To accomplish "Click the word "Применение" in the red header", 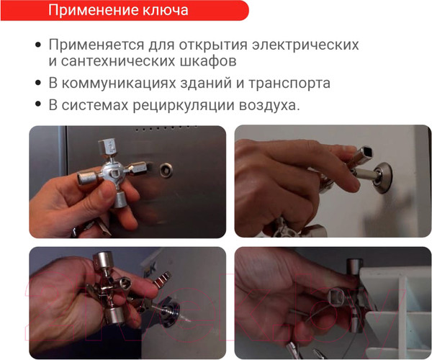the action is coord(94,11).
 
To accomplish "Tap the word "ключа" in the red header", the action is coord(166,11).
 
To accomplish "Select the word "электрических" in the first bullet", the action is coord(305,45).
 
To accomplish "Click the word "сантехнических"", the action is coord(118,61).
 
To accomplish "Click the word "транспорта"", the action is coord(289,84).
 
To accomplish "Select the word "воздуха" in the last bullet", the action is coord(267,106).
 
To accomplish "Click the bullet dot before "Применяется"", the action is coord(38,45).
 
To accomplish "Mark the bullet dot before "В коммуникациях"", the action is coord(38,83).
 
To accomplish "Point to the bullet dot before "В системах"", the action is coord(38,104).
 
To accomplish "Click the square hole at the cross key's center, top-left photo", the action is coord(114,174).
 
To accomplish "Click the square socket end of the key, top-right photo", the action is coord(365,153).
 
